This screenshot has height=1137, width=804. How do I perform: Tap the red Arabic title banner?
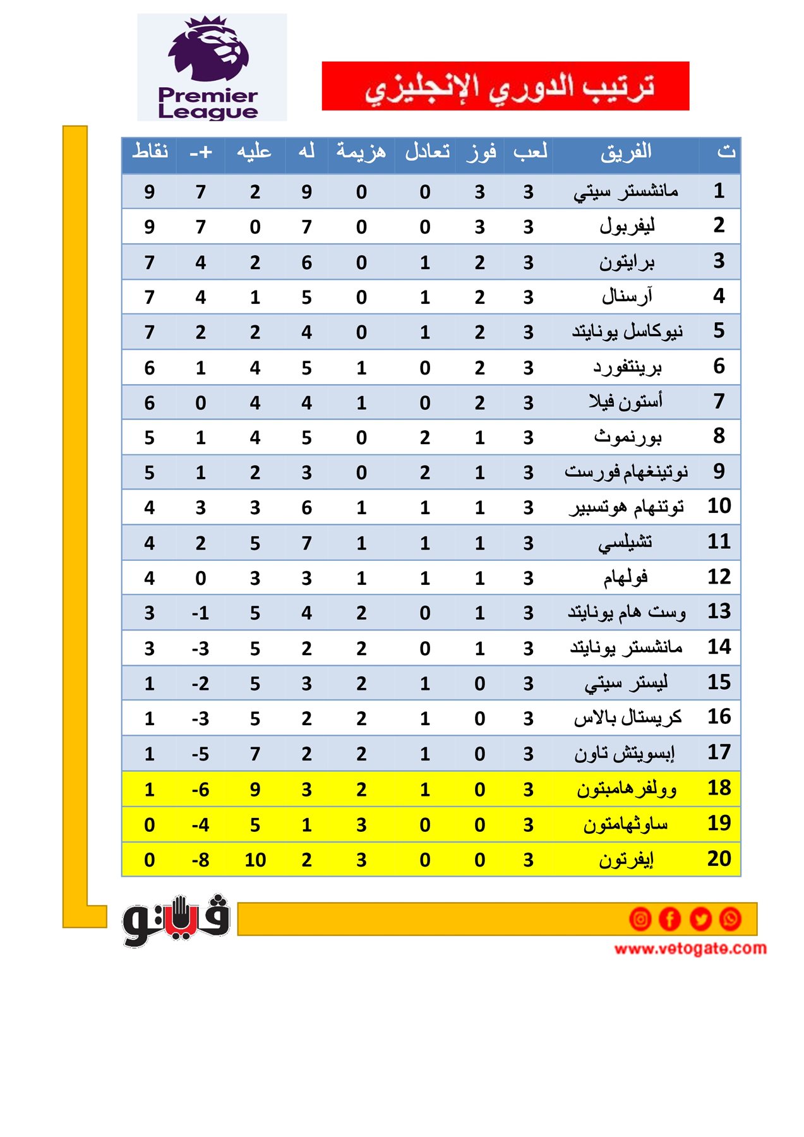(505, 87)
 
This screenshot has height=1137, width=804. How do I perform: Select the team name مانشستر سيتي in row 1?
(625, 191)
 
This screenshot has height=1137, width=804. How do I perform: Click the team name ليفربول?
(627, 226)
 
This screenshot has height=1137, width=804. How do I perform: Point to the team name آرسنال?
(627, 296)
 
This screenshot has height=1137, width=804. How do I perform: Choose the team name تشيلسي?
(625, 543)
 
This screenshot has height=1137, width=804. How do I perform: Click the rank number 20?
(719, 859)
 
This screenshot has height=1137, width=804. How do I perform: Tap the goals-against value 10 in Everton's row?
(255, 860)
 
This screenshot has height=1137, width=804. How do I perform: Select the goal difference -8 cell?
(200, 860)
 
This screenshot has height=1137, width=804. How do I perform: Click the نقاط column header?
(150, 152)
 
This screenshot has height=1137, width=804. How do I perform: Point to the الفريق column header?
(625, 152)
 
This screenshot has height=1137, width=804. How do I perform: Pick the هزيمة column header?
(361, 152)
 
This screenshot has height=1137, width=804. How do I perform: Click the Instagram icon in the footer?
(640, 918)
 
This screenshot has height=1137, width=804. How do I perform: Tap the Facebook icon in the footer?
(670, 918)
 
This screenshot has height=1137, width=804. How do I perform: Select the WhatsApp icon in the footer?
(731, 918)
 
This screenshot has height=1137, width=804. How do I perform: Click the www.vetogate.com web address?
(690, 949)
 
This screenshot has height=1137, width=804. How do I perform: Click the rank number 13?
(719, 611)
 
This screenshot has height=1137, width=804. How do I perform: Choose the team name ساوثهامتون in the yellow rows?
(625, 824)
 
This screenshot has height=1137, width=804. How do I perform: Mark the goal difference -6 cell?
(200, 790)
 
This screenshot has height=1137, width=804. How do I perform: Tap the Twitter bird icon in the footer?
(700, 918)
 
